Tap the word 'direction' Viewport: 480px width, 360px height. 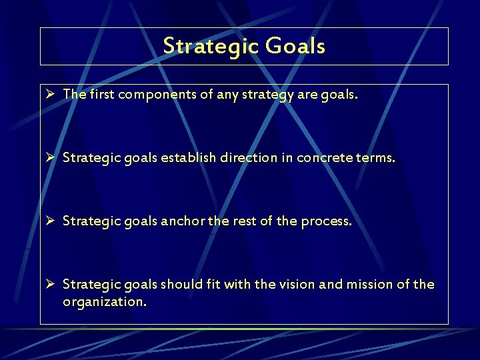pyautogui.click(x=252, y=158)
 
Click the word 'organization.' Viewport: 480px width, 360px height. pyautogui.click(x=105, y=302)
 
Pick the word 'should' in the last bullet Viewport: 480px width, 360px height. pyautogui.click(x=183, y=285)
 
